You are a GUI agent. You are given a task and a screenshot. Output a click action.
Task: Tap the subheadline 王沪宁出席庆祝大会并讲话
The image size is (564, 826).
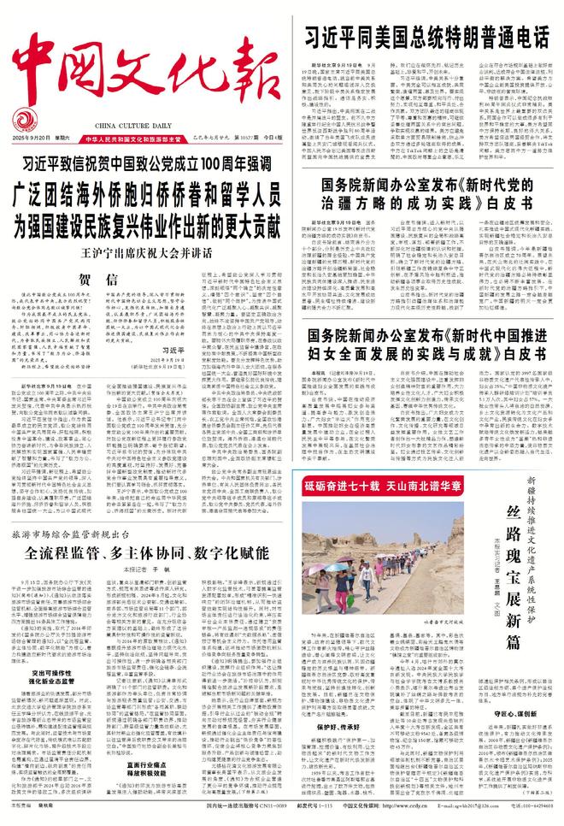pyautogui.click(x=149, y=204)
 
